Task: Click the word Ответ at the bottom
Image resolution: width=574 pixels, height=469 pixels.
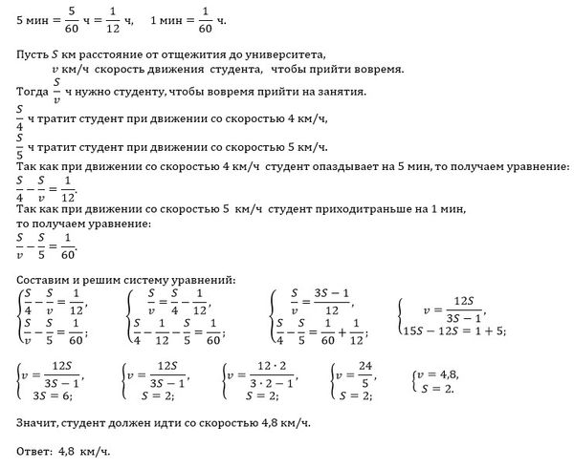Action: (38, 450)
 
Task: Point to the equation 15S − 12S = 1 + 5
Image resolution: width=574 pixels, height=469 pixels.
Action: (453, 330)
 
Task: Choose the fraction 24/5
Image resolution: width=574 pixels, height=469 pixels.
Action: (366, 373)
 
